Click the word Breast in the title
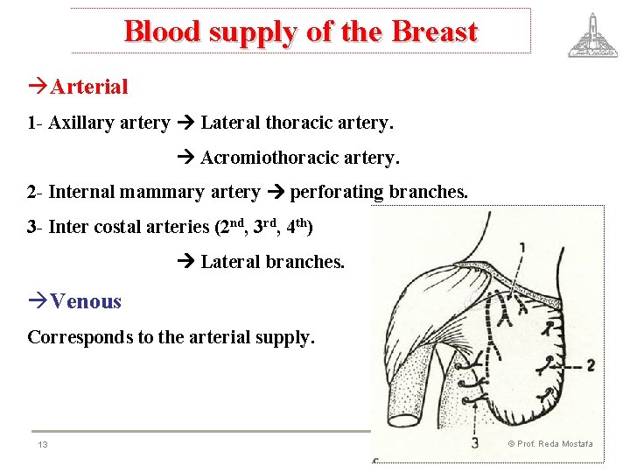(435, 32)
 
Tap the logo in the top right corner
(591, 35)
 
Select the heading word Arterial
(89, 87)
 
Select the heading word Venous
(86, 301)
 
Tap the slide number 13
(42, 445)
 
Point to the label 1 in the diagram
(522, 248)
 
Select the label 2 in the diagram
(591, 364)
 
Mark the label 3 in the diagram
(474, 443)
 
